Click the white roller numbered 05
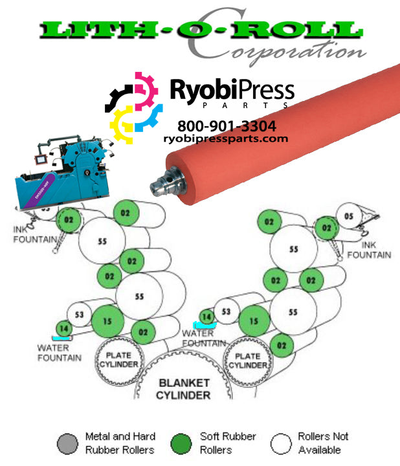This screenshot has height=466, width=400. (348, 216)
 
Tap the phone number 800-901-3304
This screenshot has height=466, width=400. (226, 126)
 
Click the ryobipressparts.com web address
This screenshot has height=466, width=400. (226, 138)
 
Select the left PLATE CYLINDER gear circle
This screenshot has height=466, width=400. (118, 361)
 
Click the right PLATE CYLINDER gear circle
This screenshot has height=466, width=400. (247, 361)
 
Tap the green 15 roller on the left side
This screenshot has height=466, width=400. (107, 321)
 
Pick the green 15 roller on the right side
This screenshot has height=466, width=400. (254, 321)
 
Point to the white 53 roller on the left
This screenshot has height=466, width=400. (80, 315)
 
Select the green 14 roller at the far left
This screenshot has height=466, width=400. (63, 329)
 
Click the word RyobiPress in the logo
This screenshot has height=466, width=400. (232, 90)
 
